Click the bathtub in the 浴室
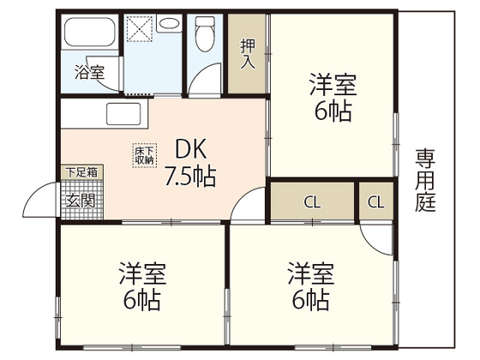point(89,35)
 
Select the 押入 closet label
point(248,54)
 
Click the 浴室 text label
point(89,73)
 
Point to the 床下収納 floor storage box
point(144,154)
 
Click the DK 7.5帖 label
point(189,162)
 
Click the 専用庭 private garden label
point(425,180)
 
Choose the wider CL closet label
point(312,202)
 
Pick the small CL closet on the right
point(375,202)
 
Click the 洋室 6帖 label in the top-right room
point(333,99)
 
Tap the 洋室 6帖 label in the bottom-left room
point(141,287)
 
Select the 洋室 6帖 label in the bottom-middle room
point(309,287)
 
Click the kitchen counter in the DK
point(103,113)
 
